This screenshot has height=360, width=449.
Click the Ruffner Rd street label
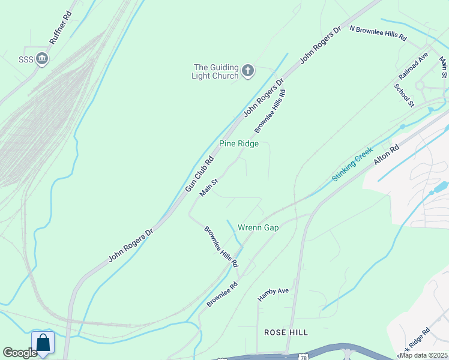[x=61, y=27]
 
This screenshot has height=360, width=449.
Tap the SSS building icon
[x=42, y=58]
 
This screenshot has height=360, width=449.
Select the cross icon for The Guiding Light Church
[x=248, y=71]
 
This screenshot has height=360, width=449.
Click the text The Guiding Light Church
[x=215, y=71]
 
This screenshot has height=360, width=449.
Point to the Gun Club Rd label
[x=199, y=174]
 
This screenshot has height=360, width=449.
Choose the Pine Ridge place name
[x=239, y=144]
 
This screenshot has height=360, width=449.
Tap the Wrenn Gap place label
[x=258, y=228]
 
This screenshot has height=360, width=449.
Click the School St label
[x=404, y=95]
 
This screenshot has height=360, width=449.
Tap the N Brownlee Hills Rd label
[x=378, y=34]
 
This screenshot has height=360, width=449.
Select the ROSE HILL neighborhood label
[x=286, y=332]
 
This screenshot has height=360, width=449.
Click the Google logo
[x=20, y=353]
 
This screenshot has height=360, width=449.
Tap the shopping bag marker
[x=43, y=343]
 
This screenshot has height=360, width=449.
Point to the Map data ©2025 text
[x=423, y=355]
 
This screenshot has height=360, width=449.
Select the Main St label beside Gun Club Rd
[x=209, y=187]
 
